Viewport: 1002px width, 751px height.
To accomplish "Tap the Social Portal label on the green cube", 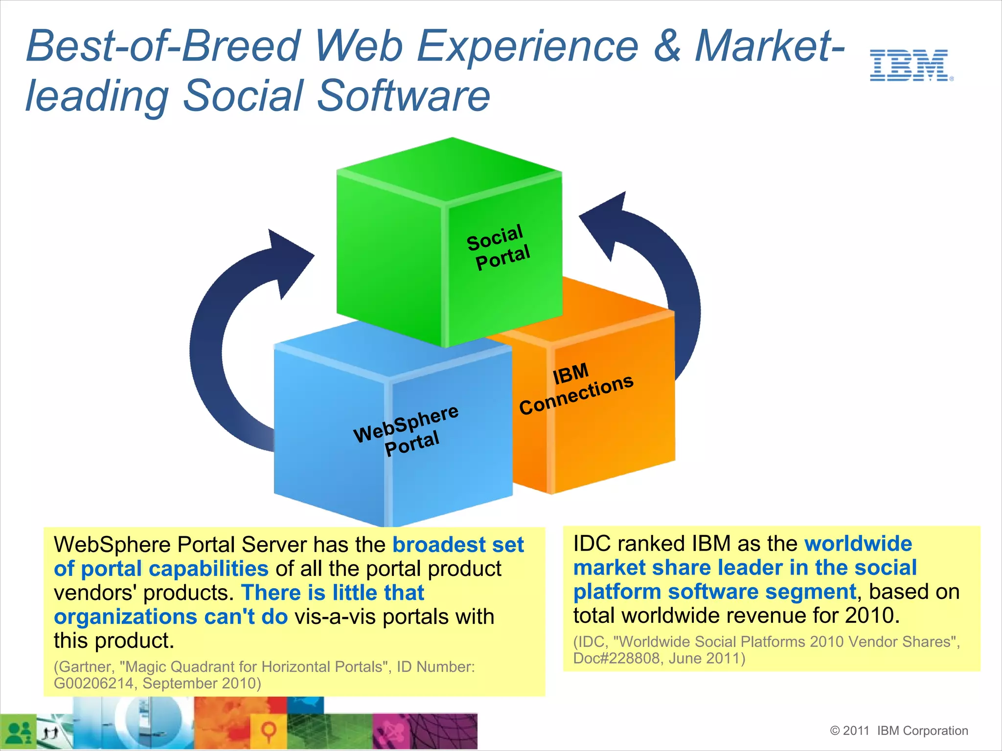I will (498, 247).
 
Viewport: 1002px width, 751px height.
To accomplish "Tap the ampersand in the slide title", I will (666, 46).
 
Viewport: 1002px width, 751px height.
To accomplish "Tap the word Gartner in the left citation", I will (86, 666).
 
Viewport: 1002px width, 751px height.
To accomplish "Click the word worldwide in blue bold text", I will (858, 544).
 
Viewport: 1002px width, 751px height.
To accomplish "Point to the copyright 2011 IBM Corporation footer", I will (899, 730).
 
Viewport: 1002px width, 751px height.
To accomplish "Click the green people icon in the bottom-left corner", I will (19, 731).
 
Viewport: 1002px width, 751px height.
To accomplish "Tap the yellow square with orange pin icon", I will (268, 731).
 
